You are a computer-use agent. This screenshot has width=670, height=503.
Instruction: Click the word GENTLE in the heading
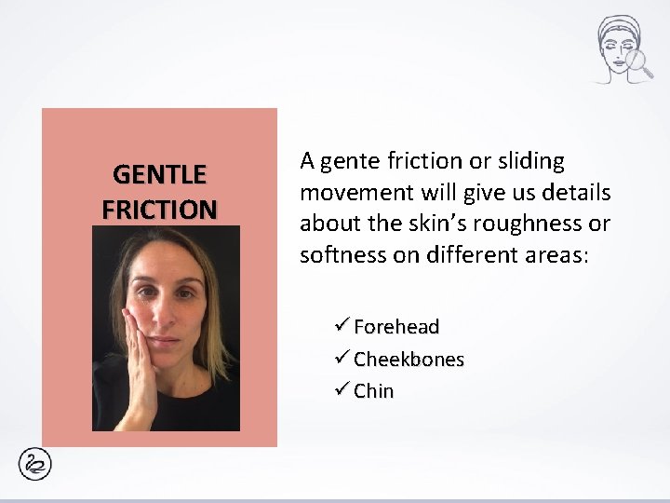(x=159, y=174)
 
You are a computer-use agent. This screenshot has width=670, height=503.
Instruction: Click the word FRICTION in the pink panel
(x=159, y=208)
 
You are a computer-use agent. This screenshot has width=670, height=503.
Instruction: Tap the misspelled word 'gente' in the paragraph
(x=348, y=162)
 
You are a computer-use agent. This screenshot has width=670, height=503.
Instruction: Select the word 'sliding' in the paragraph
(x=530, y=162)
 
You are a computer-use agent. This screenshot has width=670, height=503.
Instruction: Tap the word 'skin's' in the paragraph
(x=452, y=224)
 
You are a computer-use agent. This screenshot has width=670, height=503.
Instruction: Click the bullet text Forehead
(x=396, y=327)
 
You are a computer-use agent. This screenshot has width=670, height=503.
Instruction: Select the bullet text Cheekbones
(x=409, y=360)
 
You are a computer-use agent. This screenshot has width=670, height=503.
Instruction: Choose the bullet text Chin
(x=373, y=391)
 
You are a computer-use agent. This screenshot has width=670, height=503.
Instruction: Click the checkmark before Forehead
(x=342, y=327)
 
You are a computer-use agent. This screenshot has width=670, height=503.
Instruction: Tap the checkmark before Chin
(x=342, y=391)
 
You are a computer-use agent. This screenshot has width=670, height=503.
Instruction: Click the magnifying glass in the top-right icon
(x=637, y=63)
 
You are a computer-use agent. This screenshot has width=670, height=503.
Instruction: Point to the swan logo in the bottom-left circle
(x=38, y=463)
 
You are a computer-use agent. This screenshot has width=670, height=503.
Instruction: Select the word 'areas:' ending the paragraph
(x=557, y=255)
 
